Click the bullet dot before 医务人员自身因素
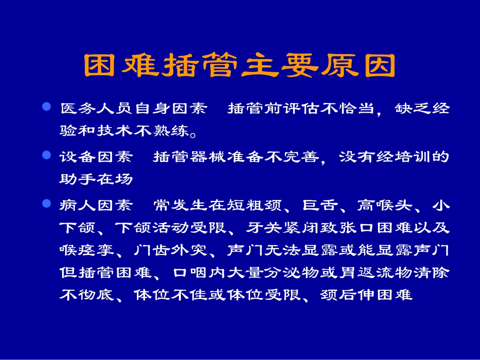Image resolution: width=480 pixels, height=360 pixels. [x=47, y=108]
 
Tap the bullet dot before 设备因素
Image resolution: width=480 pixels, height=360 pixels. [x=47, y=156]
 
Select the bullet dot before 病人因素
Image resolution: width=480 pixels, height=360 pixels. [x=47, y=204]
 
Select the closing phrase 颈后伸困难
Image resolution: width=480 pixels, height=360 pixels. [x=367, y=295]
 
